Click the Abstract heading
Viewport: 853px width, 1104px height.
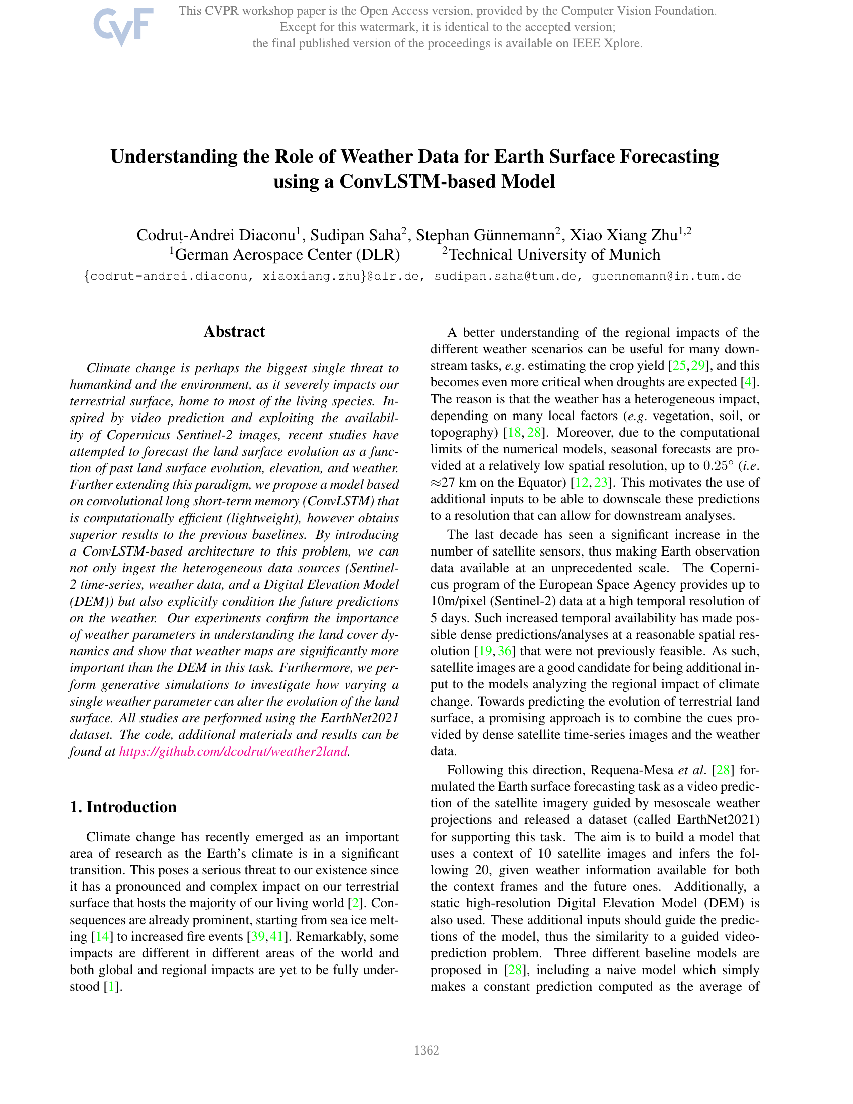234,332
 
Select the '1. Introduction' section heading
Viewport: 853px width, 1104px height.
123,807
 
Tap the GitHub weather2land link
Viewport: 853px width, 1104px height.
233,752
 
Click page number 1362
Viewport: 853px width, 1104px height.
426,1051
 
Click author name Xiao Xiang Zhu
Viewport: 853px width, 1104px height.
623,235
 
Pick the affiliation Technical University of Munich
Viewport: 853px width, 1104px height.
554,255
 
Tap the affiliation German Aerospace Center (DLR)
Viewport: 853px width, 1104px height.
287,255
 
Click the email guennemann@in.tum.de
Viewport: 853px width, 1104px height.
666,277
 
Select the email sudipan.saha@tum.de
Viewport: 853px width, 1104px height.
505,277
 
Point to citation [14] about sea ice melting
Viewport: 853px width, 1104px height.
102,937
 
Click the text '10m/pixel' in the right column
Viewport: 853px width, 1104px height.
456,601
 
